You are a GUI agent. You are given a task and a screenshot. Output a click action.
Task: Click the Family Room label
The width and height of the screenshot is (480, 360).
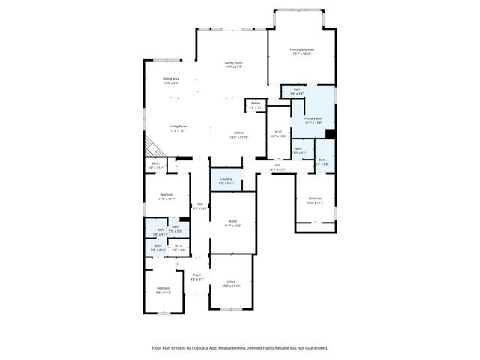click(x=233, y=64)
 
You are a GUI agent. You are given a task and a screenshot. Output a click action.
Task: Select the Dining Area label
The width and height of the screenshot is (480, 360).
click(x=171, y=80)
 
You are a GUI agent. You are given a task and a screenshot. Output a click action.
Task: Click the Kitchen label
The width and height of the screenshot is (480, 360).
click(x=238, y=135)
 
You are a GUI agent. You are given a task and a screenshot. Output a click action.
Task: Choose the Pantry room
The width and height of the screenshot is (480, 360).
click(x=256, y=105)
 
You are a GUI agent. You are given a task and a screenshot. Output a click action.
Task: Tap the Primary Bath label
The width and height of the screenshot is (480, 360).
click(x=313, y=120)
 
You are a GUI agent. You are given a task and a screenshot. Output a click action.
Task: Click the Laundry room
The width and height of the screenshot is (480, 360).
click(x=226, y=181)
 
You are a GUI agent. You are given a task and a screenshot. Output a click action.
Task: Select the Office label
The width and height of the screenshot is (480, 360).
click(x=231, y=283)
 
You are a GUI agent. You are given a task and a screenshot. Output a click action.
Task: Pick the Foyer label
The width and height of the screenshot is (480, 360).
click(x=197, y=277)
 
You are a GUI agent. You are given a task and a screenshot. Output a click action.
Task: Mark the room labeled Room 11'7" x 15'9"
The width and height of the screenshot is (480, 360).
click(x=232, y=223)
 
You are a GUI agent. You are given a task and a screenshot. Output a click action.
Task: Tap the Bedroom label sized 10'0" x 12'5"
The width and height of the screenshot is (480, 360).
click(x=315, y=200)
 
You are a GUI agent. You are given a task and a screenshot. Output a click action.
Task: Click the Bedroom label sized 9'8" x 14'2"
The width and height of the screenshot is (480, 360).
click(x=163, y=291)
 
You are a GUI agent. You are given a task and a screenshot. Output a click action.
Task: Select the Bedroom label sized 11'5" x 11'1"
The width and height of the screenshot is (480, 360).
click(x=166, y=197)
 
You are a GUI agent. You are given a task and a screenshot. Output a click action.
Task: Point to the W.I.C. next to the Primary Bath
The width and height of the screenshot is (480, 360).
click(x=278, y=134)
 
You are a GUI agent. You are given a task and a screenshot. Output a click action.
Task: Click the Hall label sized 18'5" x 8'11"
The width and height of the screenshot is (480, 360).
click(x=277, y=168)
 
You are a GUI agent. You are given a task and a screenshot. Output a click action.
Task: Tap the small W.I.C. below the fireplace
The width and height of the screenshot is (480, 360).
click(x=155, y=166)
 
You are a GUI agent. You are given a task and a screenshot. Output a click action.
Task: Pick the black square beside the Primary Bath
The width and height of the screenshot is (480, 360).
click(x=330, y=135)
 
